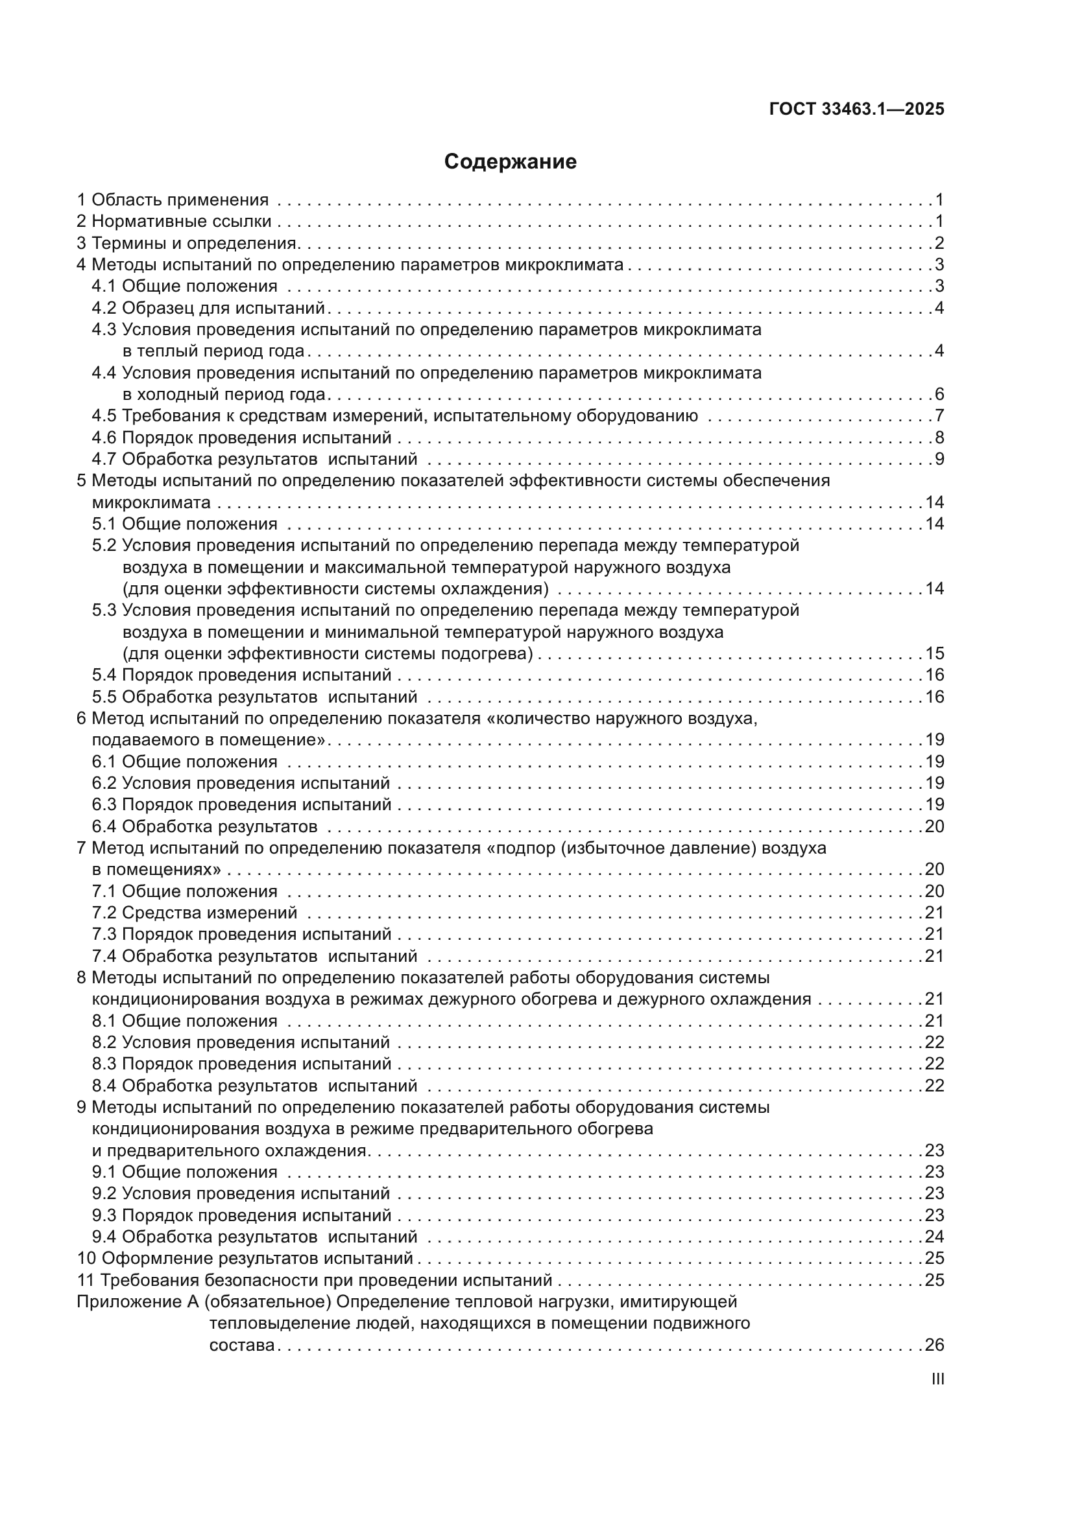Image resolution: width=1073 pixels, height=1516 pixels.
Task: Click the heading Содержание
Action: pos(510,162)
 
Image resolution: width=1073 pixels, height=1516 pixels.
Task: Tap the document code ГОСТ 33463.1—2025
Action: pos(856,109)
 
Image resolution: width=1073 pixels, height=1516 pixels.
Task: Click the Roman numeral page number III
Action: pos(937,1379)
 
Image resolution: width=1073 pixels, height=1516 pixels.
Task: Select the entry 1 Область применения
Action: pos(173,200)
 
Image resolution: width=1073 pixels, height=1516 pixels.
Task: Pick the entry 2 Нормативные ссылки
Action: pos(175,222)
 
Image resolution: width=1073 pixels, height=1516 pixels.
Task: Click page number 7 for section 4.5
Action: pos(939,416)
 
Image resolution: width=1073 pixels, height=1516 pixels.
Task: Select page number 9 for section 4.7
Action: pos(939,460)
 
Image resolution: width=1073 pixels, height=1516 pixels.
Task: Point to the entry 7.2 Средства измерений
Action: pos(195,913)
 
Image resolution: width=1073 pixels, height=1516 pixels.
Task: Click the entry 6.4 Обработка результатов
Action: pos(205,826)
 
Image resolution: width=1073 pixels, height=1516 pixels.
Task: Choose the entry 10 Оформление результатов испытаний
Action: pos(245,1259)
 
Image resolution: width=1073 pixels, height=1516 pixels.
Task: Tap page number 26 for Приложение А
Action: pos(934,1345)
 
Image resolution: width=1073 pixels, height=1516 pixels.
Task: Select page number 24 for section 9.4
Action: pos(934,1237)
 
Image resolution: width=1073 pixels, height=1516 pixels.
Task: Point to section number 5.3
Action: pos(104,611)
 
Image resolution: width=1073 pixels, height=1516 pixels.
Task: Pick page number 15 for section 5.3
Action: pos(934,654)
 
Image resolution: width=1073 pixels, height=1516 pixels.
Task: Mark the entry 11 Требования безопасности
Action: pos(315,1280)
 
